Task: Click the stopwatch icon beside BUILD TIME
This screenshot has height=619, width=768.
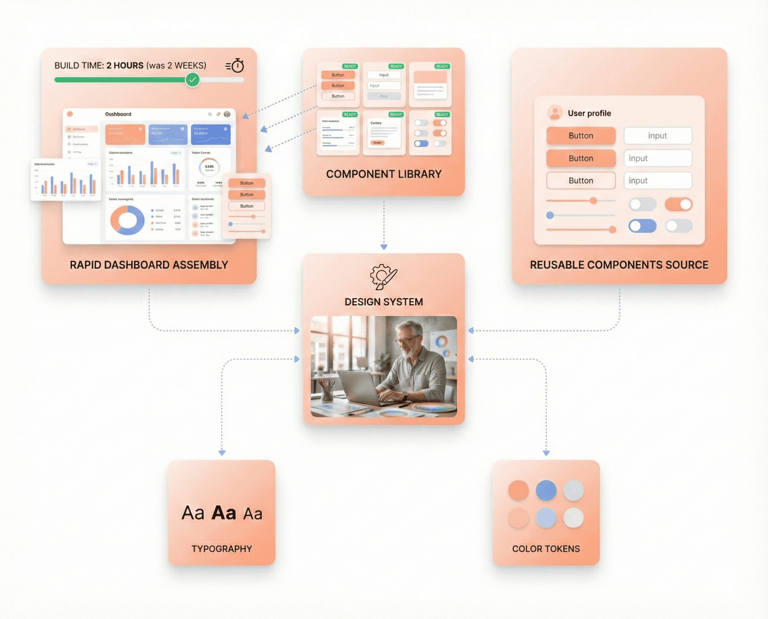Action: click(x=237, y=66)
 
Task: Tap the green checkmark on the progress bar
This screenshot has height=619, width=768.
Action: click(x=192, y=80)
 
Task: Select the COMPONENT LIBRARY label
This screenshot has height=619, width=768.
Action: click(x=383, y=174)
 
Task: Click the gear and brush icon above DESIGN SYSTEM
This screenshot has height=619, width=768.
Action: click(x=383, y=276)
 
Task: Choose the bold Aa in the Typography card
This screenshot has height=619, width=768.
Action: click(x=224, y=513)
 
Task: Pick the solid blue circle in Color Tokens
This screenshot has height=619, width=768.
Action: click(x=546, y=490)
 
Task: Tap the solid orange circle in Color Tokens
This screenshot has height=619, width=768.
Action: click(x=518, y=490)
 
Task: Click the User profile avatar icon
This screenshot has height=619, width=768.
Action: click(x=555, y=113)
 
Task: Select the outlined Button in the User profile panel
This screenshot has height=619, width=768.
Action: click(x=581, y=181)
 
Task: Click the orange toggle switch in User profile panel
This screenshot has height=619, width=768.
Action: click(x=678, y=204)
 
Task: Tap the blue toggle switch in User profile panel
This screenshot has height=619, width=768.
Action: click(x=642, y=226)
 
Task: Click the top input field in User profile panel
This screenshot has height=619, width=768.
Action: click(x=658, y=136)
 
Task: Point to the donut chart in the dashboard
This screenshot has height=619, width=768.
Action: click(x=127, y=220)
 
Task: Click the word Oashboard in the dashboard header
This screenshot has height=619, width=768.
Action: click(x=118, y=114)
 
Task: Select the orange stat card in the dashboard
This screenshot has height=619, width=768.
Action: click(x=125, y=134)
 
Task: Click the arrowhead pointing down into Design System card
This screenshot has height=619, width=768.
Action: click(x=384, y=247)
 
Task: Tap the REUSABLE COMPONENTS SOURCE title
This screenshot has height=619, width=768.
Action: click(x=619, y=265)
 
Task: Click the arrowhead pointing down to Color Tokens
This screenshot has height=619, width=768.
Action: click(x=546, y=453)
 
